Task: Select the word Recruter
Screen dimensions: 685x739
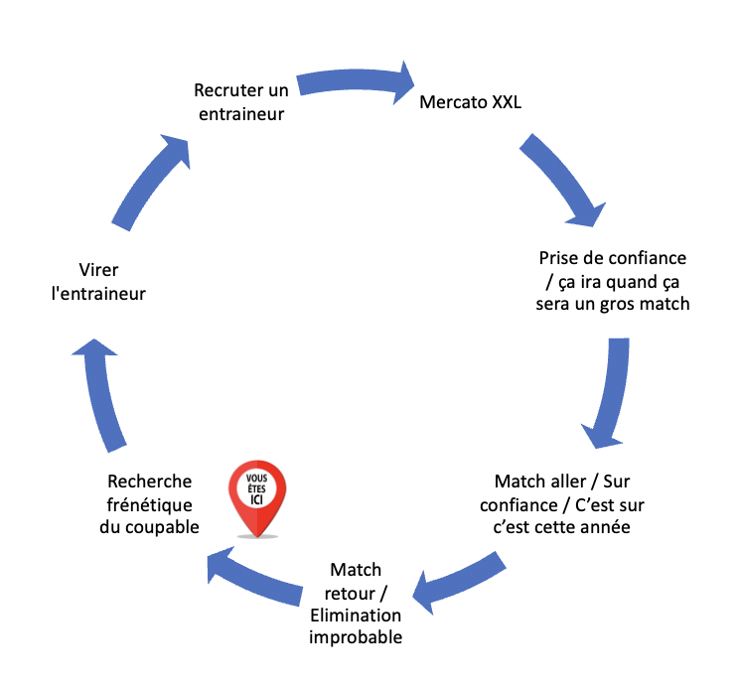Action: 228,91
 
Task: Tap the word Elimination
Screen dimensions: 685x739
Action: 356,616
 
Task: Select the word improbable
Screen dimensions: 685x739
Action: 356,637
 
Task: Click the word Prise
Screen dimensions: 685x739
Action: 559,258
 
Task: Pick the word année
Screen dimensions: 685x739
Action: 604,526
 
